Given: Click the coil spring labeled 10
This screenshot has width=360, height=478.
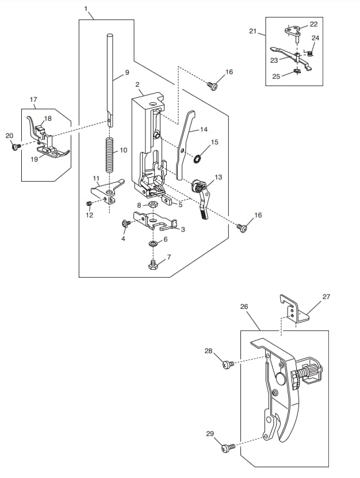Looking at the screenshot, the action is pos(109,155).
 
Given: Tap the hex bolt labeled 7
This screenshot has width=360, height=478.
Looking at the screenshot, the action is pos(153,264).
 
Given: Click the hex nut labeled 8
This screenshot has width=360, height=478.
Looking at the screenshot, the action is pos(152,205).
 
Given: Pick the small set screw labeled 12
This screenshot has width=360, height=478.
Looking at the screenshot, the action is pos(89,203).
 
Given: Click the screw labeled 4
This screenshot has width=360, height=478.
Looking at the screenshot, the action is pos(125,223).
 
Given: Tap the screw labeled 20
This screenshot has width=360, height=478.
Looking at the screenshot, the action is pos(15,147).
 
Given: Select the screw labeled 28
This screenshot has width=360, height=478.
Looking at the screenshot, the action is pos(227,364).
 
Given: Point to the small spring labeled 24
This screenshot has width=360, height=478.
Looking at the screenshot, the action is pos(309,53).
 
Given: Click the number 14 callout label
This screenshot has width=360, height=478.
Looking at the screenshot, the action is pos(204,129).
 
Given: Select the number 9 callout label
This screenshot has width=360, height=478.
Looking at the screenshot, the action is pos(127,72).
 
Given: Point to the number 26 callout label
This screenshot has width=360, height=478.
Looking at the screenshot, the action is pos(244,307).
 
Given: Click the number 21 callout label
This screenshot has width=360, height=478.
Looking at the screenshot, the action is pos(253,31).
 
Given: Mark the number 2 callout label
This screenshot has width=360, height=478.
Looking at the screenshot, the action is pos(137,84).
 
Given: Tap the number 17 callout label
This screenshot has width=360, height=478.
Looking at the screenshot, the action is pos(33,100).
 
